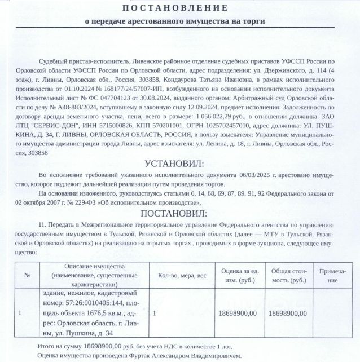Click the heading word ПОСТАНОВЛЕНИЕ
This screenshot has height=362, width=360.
175,8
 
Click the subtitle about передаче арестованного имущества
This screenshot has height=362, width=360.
175,21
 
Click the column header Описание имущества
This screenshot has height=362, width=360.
93,275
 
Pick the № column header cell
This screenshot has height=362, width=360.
26,275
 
